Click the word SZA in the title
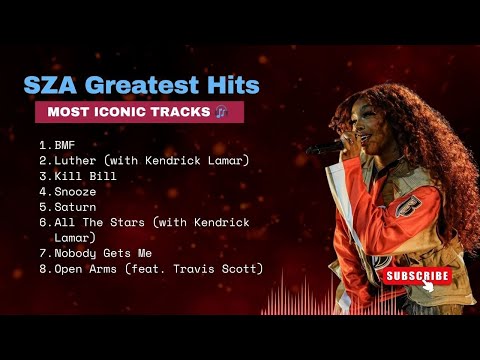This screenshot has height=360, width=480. [x=50, y=85]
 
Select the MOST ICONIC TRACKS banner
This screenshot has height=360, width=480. [x=139, y=112]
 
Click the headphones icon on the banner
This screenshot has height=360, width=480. [x=221, y=112]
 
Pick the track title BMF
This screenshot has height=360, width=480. [x=65, y=145]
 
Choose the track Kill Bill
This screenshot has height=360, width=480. [x=85, y=176]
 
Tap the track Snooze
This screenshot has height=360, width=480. [x=75, y=192]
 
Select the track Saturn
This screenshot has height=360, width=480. [x=75, y=207]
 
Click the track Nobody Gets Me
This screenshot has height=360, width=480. [x=103, y=253]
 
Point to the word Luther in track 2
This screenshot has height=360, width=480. [x=75, y=160]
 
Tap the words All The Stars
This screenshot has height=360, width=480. [x=99, y=222]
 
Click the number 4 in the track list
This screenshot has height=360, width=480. [x=44, y=192]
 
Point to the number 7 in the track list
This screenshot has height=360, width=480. [x=44, y=253]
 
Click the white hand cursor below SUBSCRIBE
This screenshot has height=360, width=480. [x=428, y=286]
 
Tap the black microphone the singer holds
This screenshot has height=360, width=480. [x=325, y=148]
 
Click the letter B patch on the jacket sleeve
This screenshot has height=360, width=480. [x=408, y=206]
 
